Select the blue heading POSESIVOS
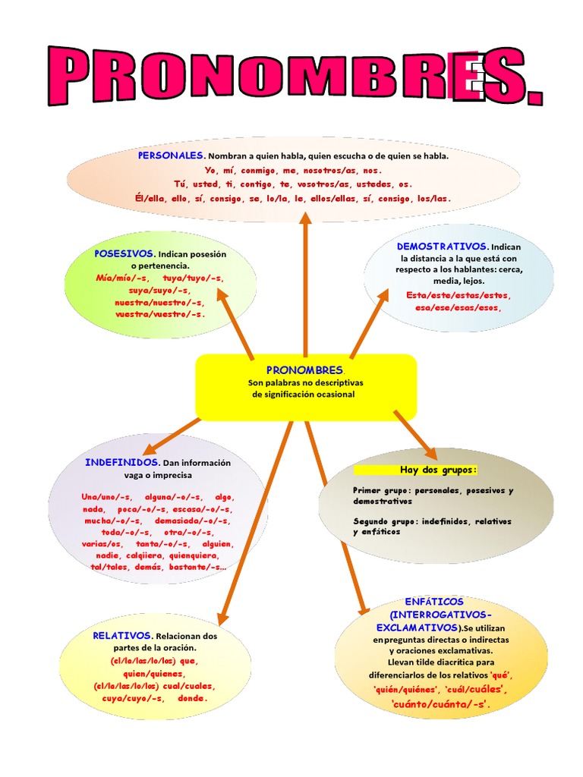(124, 253)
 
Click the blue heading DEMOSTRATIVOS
(442, 247)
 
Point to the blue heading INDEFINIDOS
(121, 462)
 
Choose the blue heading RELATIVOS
(121, 635)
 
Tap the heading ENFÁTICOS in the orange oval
(434, 602)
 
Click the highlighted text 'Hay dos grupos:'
(438, 470)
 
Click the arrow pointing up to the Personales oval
(305, 281)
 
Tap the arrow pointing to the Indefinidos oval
(171, 436)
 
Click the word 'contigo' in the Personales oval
(246, 184)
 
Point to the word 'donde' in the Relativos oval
(191, 698)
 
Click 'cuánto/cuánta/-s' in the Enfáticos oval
(440, 705)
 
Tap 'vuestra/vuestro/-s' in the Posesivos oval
(159, 313)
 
